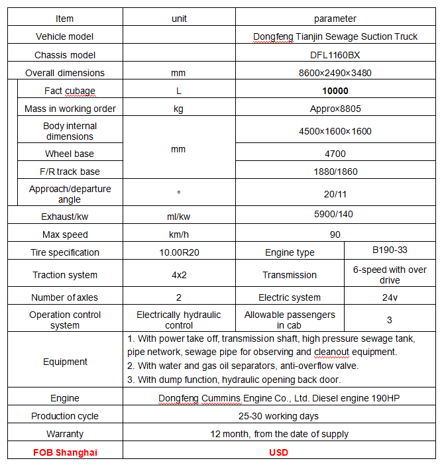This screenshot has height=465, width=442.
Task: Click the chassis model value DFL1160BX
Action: click(335, 55)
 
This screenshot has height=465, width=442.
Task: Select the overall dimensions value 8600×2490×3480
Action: click(335, 73)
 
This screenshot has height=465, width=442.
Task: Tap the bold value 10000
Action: click(335, 91)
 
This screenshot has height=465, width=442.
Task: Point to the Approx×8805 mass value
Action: click(335, 109)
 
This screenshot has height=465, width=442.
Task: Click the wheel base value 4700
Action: click(335, 154)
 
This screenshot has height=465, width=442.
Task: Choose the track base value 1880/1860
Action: click(335, 172)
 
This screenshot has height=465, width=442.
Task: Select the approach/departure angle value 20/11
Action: click(335, 194)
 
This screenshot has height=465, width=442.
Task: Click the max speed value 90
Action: click(335, 234)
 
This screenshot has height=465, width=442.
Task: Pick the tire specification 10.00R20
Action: click(178, 252)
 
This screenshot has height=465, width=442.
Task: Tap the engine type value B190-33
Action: click(390, 250)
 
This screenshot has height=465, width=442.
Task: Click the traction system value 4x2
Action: click(178, 275)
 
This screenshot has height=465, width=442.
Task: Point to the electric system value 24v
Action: click(390, 297)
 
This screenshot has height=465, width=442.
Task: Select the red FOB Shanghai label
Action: click(65, 452)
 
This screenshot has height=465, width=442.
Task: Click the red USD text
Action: click(279, 452)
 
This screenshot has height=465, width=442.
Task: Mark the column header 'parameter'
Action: click(335, 19)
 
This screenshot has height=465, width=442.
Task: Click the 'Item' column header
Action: click(65, 19)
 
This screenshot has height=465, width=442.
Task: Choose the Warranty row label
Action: click(65, 434)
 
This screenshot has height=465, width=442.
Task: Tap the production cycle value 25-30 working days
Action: click(279, 416)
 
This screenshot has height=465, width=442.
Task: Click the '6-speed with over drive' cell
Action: click(390, 274)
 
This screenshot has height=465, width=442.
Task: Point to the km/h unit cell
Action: click(178, 234)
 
